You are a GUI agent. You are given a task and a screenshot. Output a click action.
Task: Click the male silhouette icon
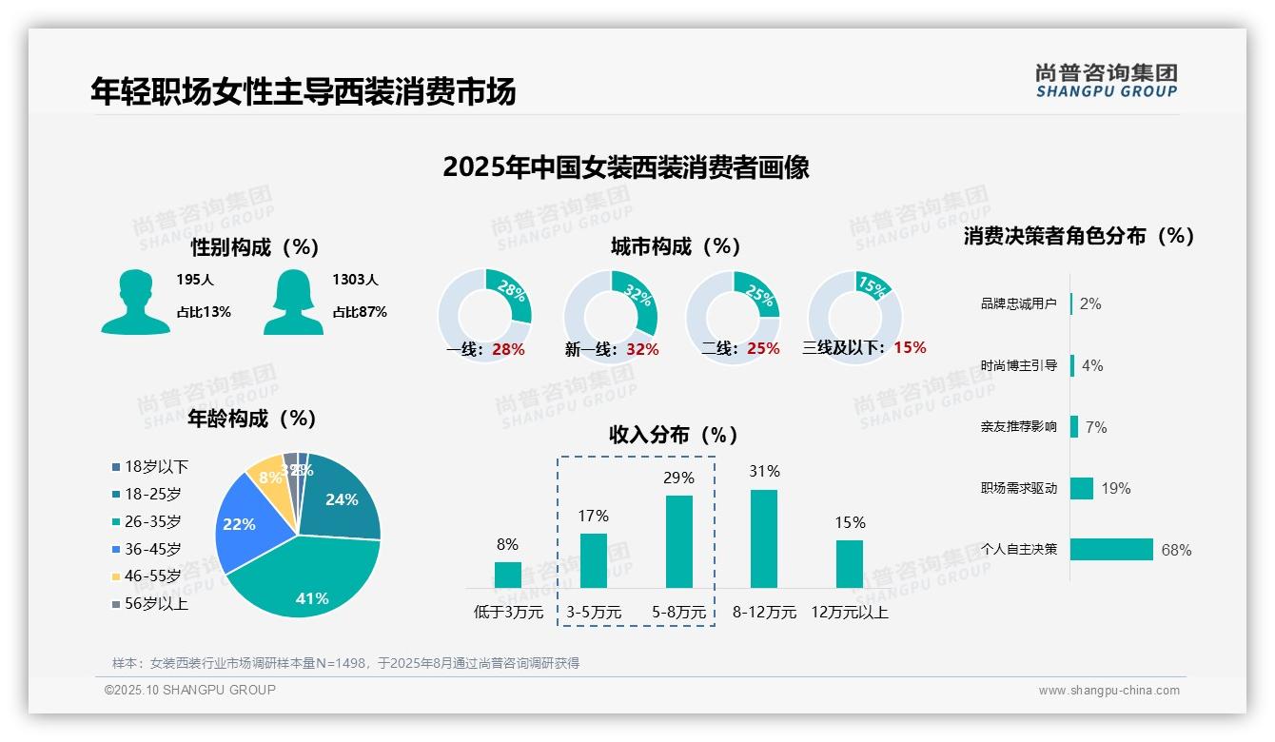135,302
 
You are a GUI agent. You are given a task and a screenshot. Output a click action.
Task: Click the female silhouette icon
293,302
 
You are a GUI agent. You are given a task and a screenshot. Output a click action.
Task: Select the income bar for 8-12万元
763,538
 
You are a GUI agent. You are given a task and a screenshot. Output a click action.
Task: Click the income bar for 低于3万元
507,575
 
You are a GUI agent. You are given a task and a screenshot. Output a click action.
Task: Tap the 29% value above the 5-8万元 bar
678,478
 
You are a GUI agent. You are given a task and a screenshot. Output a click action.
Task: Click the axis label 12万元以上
849,613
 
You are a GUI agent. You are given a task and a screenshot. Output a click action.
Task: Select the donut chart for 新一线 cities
611,317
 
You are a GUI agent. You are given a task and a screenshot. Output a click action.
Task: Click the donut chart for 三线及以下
854,316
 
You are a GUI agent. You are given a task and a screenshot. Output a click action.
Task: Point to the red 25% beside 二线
763,349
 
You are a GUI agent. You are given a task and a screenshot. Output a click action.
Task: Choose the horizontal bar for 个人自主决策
1111,550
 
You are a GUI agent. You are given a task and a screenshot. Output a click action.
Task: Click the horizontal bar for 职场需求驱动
1082,488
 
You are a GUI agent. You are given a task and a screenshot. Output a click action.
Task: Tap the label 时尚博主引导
1018,365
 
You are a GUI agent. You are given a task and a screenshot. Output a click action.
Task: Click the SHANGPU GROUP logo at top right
1106,81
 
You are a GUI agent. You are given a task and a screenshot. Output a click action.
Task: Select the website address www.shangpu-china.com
1108,691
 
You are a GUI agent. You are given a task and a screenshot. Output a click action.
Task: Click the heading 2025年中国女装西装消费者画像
625,168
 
